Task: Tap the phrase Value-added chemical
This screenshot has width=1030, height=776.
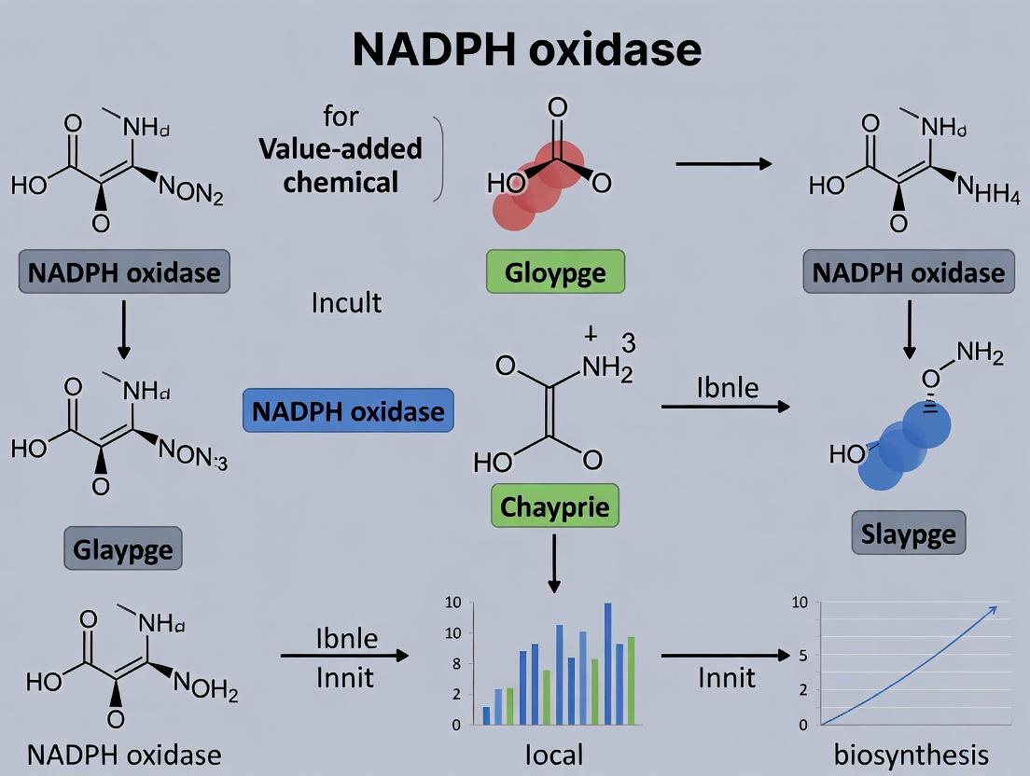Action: pos(340,164)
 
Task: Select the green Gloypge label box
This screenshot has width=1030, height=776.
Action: pos(555,273)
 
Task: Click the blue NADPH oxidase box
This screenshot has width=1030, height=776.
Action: pos(348,410)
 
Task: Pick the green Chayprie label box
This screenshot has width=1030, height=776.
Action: pos(554,507)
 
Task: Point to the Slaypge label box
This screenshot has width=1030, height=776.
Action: pos(909,534)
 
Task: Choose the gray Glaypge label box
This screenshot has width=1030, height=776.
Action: pos(122,548)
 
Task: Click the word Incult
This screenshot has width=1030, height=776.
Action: pos(346,302)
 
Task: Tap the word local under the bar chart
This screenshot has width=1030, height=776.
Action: pos(555,753)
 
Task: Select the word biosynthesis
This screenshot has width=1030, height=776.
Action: pos(911,754)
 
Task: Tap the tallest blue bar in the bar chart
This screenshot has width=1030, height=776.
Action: pos(607,663)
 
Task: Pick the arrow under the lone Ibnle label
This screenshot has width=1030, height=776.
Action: pos(725,407)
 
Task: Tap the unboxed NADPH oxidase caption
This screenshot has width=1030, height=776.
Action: pos(123,754)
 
